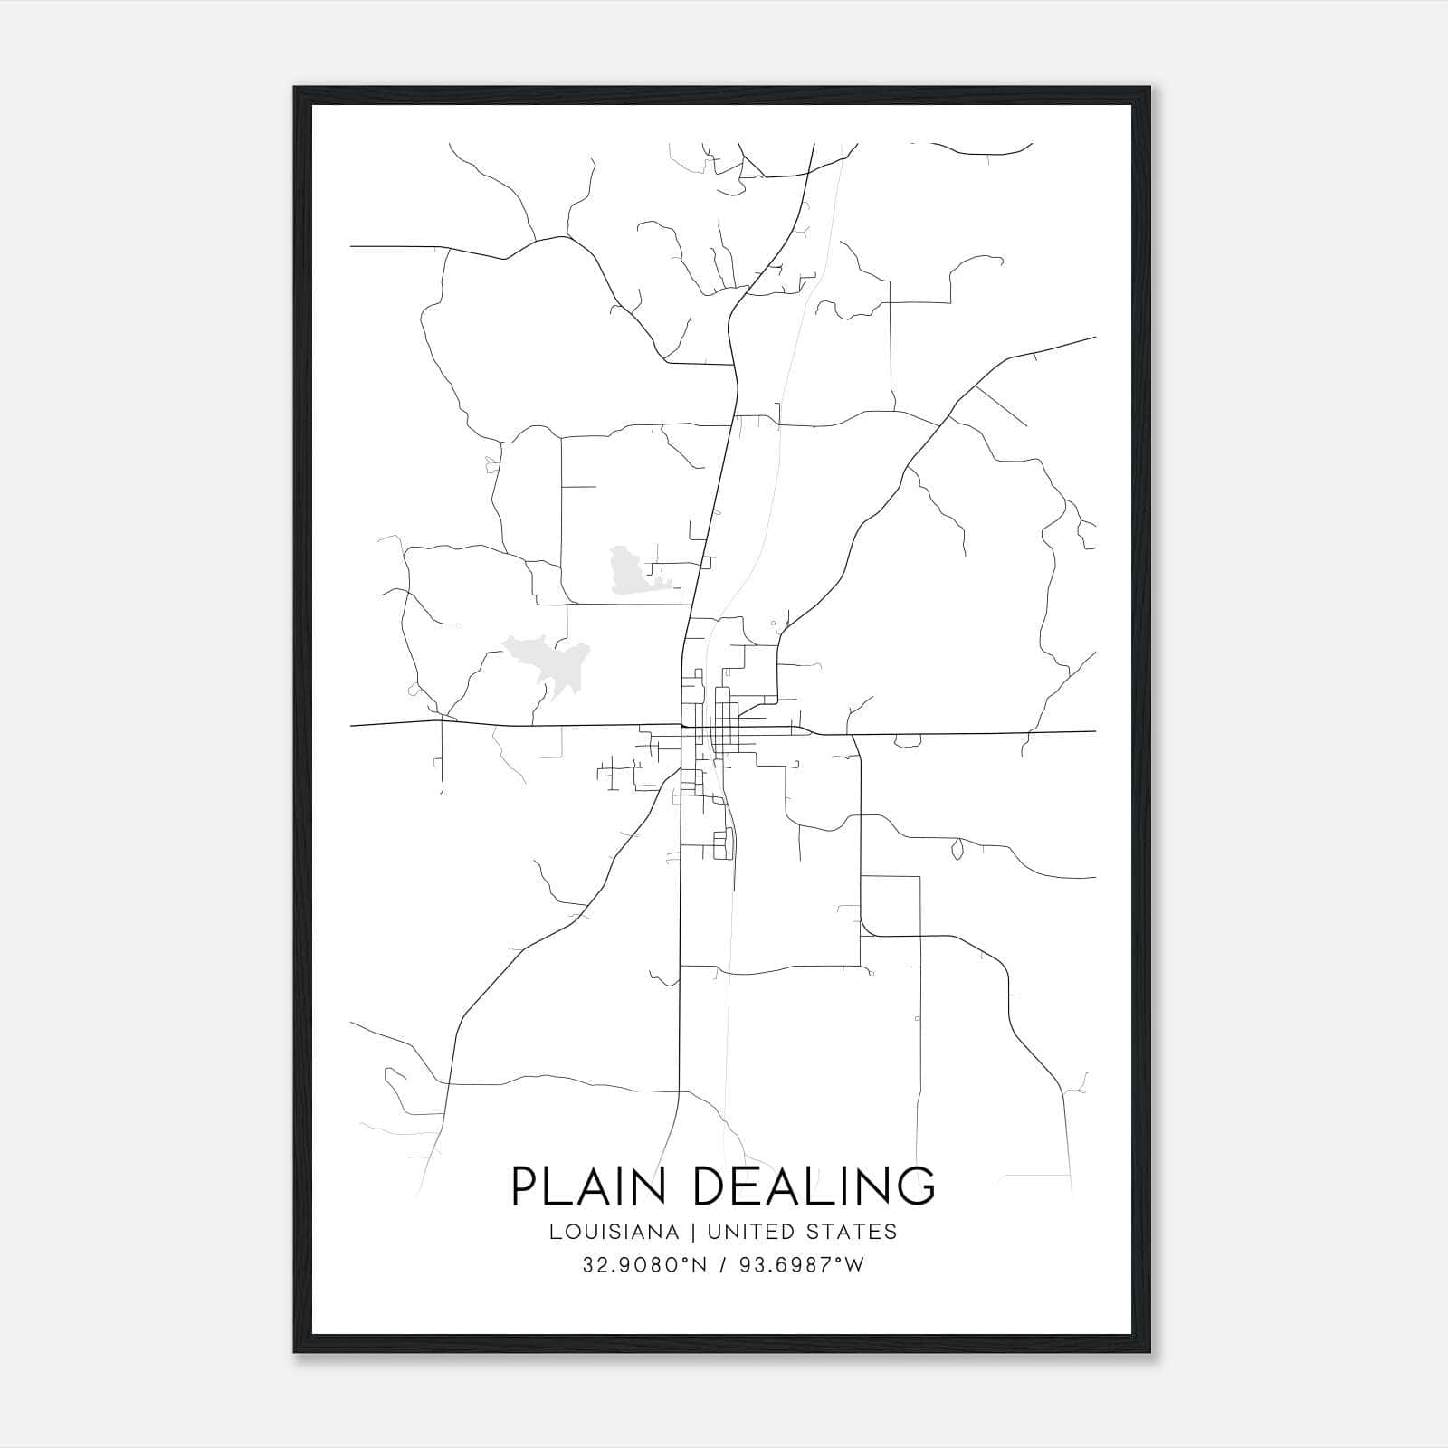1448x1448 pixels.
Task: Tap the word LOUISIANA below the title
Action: pos(613,1232)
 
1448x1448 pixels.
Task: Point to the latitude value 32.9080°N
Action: pos(643,1265)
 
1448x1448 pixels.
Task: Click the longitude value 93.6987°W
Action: pos(804,1265)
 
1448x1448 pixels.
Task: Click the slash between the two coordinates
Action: pos(723,1265)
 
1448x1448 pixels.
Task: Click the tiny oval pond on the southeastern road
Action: pos(957,849)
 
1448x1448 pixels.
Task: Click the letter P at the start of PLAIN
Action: pos(526,1186)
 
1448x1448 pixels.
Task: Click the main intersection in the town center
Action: pos(681,725)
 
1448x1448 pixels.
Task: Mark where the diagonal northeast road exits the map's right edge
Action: pos(1095,338)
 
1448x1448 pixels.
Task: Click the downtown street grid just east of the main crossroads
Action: pos(724,724)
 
